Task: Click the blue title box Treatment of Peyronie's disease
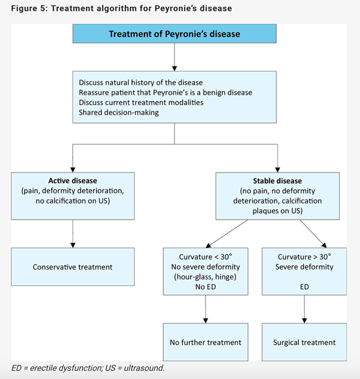(174, 34)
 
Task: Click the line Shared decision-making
(119, 112)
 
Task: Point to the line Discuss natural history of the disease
(140, 82)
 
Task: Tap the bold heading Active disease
(73, 180)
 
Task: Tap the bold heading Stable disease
(277, 180)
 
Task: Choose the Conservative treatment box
(73, 267)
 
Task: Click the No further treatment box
(205, 342)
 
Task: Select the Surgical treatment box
(304, 342)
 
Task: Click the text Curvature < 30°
(205, 257)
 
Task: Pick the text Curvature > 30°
(304, 257)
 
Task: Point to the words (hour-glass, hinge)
(205, 277)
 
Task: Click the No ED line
(205, 287)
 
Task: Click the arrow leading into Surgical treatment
(304, 310)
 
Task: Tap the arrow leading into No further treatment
(205, 310)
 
